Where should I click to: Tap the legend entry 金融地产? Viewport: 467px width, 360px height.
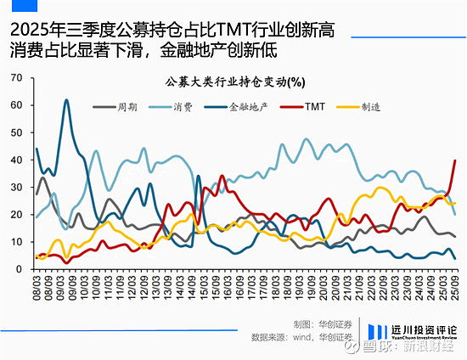click(x=248, y=108)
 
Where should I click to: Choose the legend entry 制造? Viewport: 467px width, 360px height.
click(x=370, y=108)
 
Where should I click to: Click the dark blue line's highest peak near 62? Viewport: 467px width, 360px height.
click(x=66, y=100)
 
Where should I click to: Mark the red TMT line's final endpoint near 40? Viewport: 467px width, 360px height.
click(x=455, y=160)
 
